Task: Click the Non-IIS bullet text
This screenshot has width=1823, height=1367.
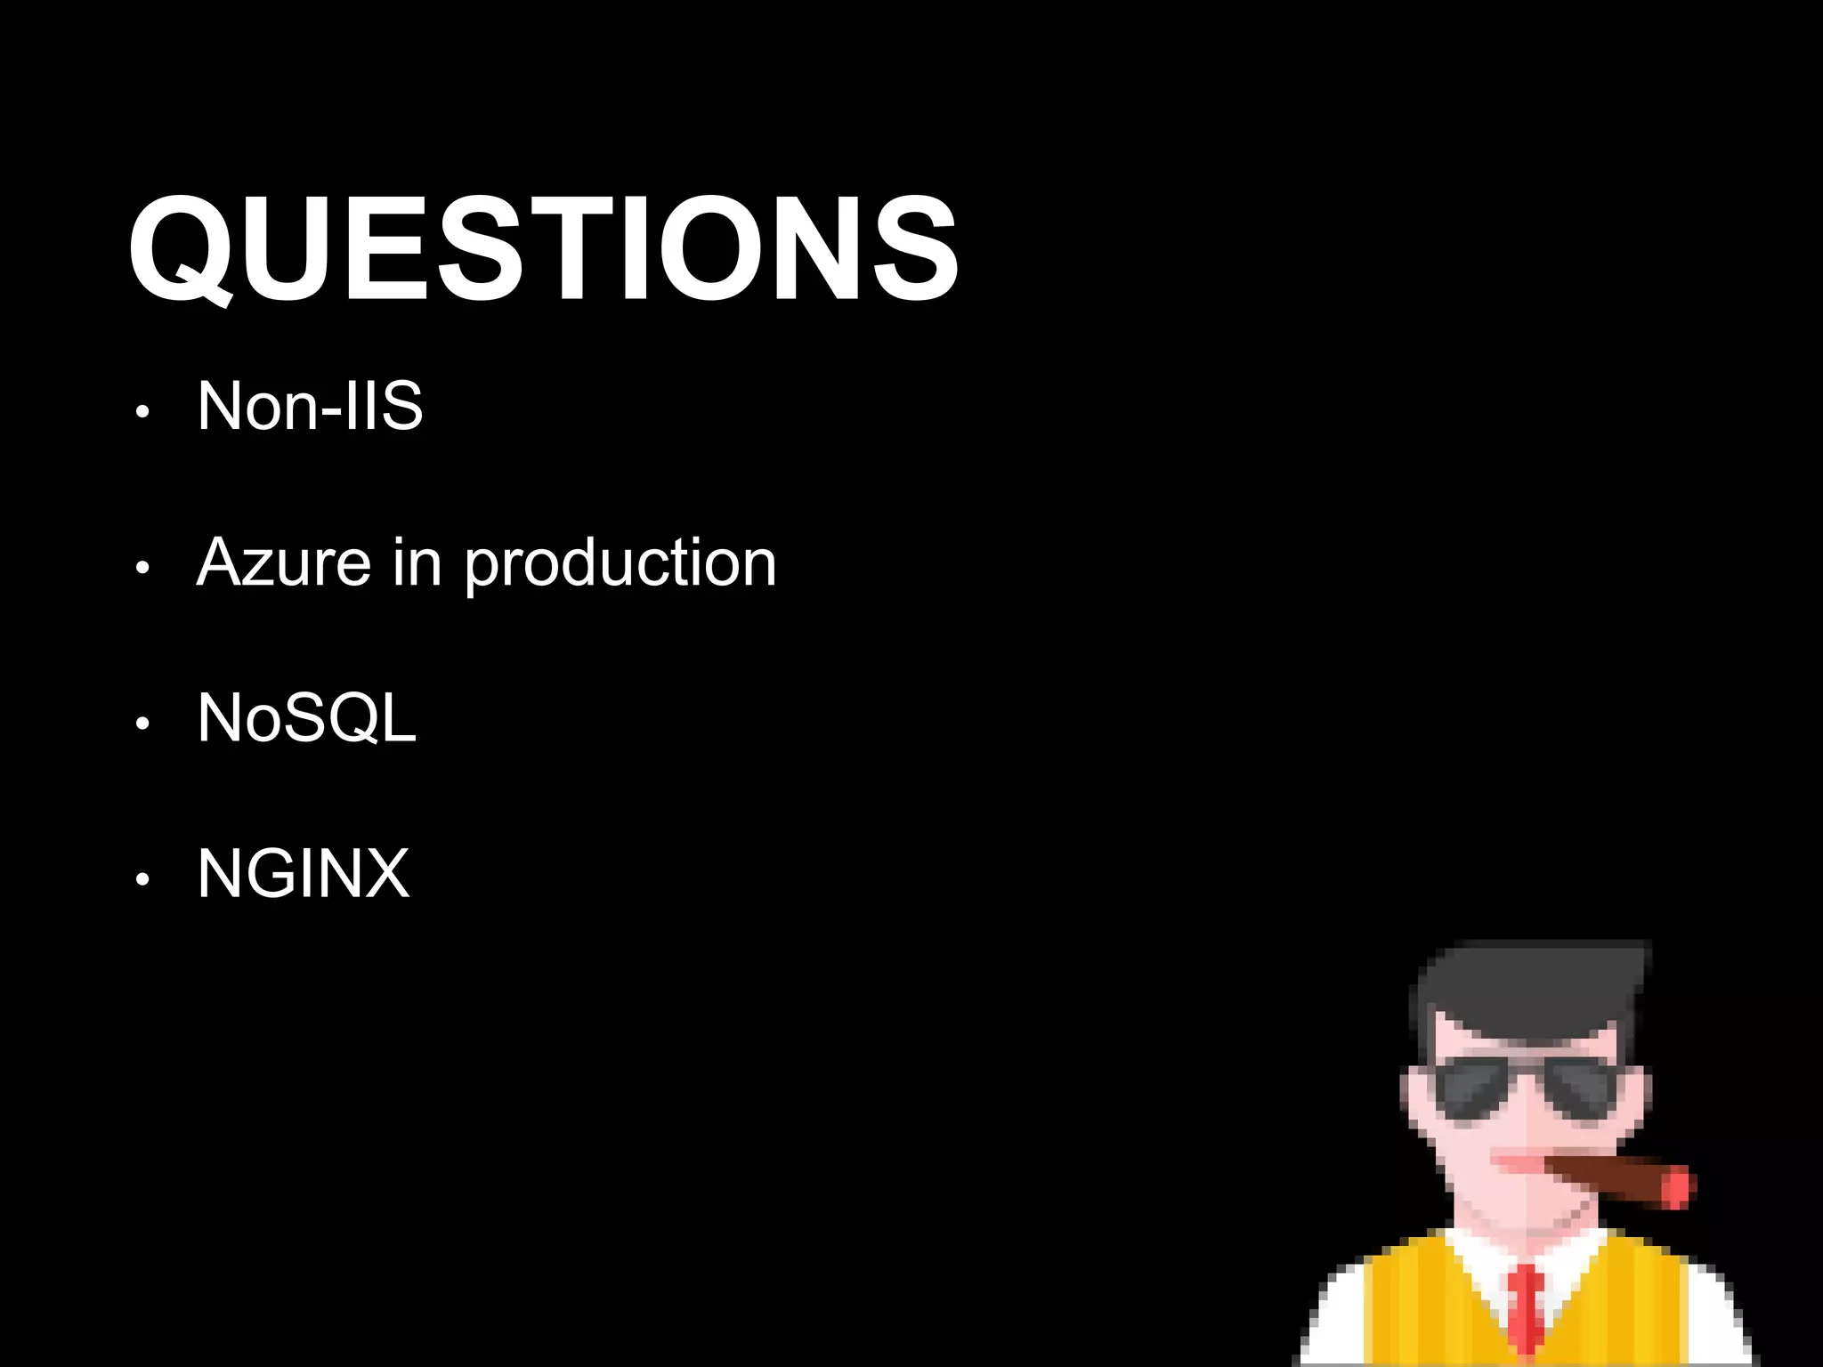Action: pos(309,407)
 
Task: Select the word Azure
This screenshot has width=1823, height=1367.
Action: pos(283,562)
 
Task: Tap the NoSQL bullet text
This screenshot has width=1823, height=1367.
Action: pos(306,718)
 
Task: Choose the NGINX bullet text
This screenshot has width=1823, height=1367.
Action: pos(303,874)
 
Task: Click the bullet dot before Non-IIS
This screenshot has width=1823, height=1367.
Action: pos(142,412)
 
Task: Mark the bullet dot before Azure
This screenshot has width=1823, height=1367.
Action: pos(142,568)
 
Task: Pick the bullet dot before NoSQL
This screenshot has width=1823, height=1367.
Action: pos(142,724)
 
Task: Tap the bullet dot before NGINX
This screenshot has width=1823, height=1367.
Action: pos(142,879)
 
